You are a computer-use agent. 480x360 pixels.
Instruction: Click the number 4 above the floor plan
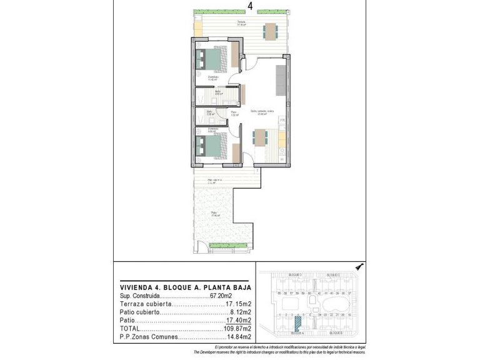tap(250, 6)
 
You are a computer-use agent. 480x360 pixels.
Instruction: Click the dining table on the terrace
tap(270, 31)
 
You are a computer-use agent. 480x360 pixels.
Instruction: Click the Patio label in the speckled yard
tap(214, 213)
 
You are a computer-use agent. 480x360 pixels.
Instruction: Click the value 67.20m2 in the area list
tap(221, 296)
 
